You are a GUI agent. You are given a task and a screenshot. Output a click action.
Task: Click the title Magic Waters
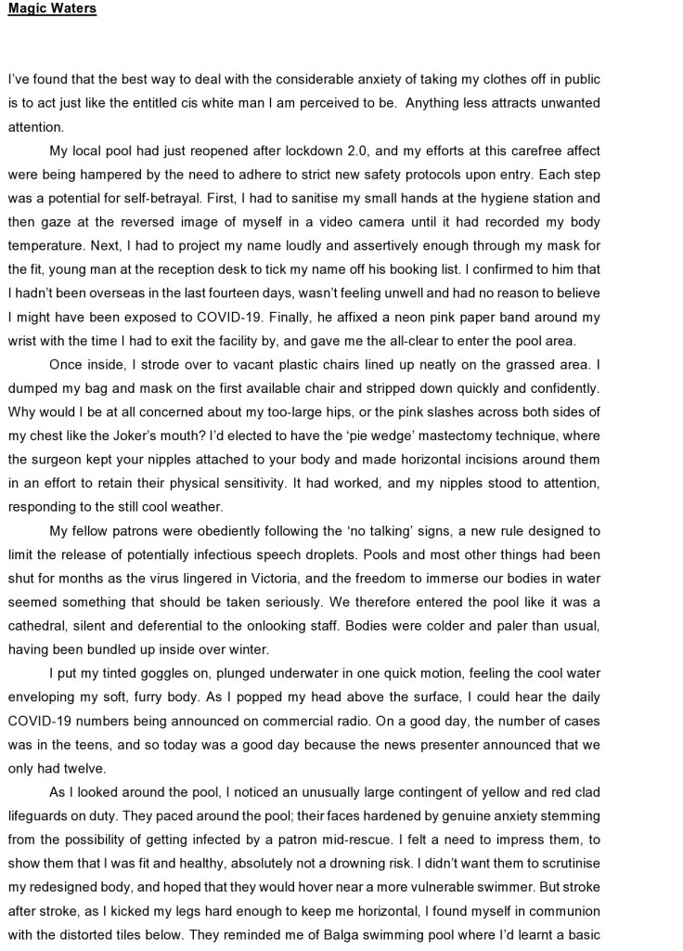coord(52,10)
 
